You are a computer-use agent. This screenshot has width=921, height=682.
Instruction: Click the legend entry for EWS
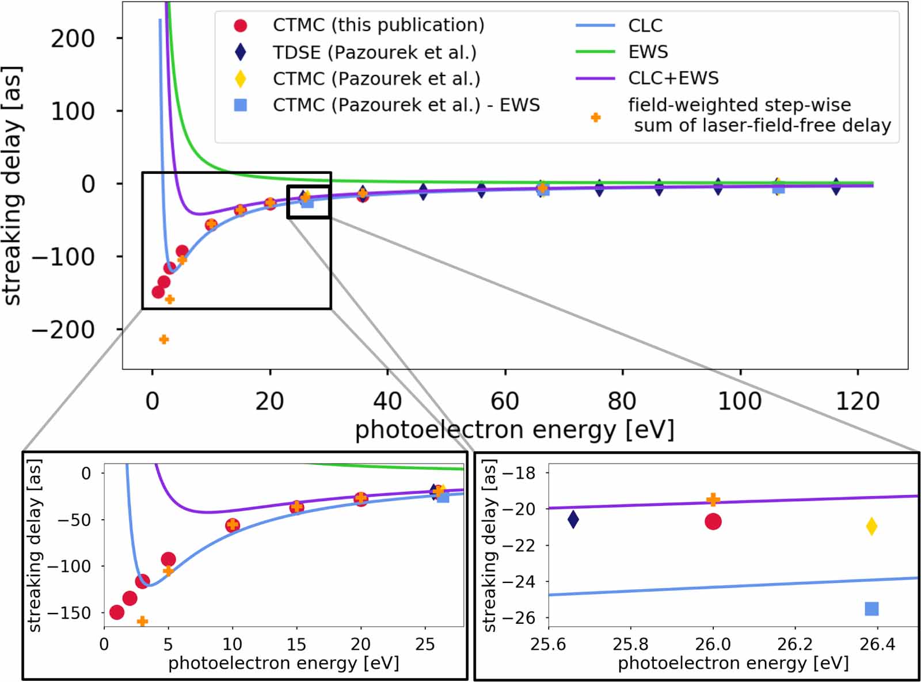(x=648, y=52)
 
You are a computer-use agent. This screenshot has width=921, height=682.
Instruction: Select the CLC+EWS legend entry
(x=673, y=78)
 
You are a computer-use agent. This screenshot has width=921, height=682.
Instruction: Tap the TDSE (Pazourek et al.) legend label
(x=374, y=52)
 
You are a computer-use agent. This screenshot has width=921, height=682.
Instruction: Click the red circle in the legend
(x=241, y=25)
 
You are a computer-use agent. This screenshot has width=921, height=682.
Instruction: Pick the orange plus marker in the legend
(x=596, y=117)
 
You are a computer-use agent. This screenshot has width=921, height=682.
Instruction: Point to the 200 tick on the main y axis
(x=73, y=39)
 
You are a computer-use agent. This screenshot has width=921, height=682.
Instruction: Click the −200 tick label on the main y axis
(x=63, y=330)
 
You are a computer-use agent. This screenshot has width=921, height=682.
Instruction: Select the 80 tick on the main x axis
(x=622, y=401)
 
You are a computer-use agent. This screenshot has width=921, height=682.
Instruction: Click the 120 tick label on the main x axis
(x=857, y=401)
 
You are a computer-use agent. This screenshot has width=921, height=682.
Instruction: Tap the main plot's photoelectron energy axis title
(x=514, y=430)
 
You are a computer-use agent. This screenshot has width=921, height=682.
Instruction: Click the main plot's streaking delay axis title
(x=13, y=184)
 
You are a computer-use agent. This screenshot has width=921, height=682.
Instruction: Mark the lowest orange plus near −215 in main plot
(x=163, y=340)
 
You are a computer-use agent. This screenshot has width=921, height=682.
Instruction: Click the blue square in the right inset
(x=871, y=609)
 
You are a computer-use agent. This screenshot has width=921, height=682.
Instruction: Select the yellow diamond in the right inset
(x=871, y=526)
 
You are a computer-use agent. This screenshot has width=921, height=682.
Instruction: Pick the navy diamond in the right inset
(x=573, y=519)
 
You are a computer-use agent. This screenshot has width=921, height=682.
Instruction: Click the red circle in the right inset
(x=713, y=521)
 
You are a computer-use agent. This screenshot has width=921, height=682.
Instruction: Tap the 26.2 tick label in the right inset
(x=795, y=644)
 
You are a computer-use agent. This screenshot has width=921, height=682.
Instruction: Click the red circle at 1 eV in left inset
(x=117, y=612)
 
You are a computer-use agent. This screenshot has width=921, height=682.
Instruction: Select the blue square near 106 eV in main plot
(x=778, y=188)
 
